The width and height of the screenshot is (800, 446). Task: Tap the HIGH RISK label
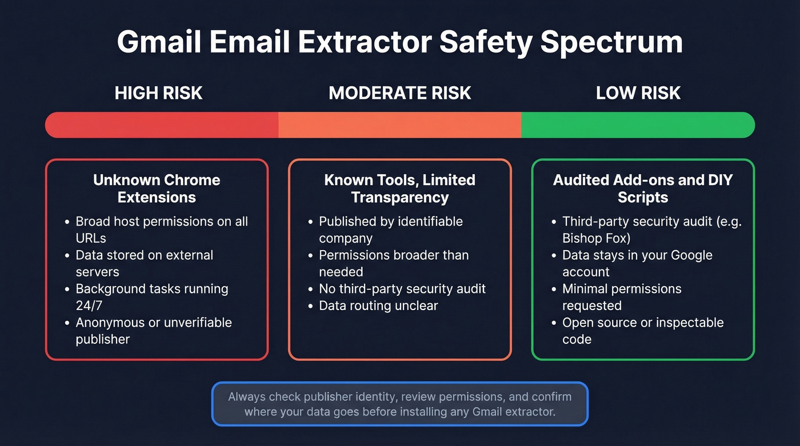tap(158, 93)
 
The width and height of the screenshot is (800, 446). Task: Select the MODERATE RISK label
tap(400, 93)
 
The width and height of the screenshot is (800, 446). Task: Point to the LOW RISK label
tap(638, 93)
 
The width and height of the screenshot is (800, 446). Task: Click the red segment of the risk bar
tap(162, 125)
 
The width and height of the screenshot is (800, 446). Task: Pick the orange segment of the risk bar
tap(400, 125)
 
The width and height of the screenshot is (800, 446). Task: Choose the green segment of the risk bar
tap(638, 125)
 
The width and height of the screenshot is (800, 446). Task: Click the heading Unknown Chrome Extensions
tap(157, 188)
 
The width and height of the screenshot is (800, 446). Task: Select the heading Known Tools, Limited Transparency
tap(399, 188)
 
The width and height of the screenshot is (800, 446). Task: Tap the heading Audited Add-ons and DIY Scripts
tap(643, 188)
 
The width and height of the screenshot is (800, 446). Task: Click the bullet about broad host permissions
tap(161, 229)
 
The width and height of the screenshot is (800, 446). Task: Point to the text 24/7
tap(88, 306)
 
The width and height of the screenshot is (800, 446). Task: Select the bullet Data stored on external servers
tap(144, 263)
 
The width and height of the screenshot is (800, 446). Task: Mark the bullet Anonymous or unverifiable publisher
tap(153, 331)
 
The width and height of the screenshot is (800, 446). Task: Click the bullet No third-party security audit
tap(402, 288)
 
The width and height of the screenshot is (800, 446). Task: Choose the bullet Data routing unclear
tap(378, 306)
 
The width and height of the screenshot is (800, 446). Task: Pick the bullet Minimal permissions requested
tap(621, 297)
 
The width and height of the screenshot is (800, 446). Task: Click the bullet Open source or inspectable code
tap(642, 331)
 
